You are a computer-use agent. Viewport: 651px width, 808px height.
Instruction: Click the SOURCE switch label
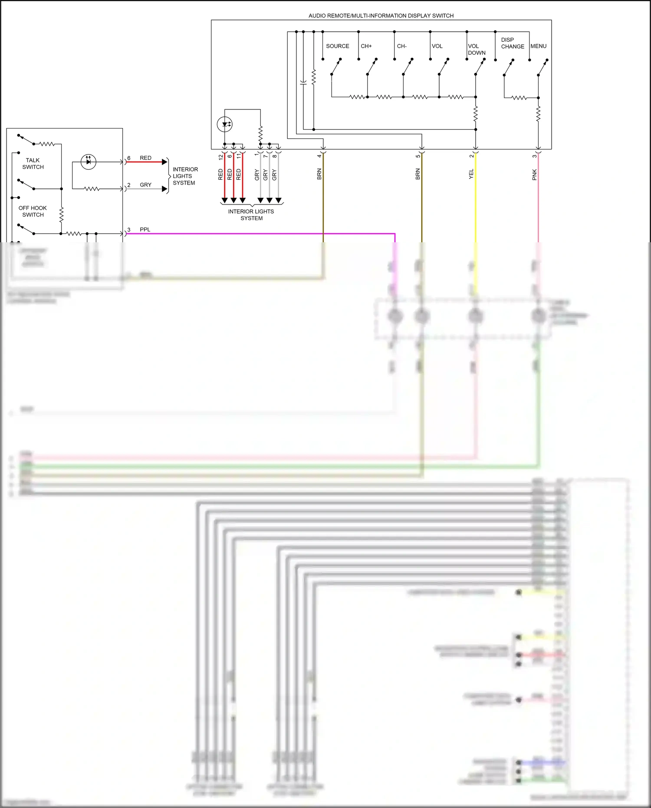pos(337,46)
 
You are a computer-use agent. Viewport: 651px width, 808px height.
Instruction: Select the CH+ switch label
pos(366,46)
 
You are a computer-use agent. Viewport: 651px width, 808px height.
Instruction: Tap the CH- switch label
pos(401,46)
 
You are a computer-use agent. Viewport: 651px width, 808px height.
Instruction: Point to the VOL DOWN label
pos(476,49)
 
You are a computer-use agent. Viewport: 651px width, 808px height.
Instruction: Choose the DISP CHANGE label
pos(512,43)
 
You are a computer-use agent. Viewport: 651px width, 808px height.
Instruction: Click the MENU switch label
pos(538,46)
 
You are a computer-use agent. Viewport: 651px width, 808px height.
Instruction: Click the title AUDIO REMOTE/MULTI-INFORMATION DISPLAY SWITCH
pos(381,16)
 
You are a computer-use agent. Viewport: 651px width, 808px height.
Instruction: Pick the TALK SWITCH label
pos(33,164)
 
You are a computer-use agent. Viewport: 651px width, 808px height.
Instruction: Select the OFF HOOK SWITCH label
pos(33,211)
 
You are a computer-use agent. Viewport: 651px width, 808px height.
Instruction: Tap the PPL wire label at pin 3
pos(145,230)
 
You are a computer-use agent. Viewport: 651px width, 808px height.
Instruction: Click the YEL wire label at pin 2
pos(471,174)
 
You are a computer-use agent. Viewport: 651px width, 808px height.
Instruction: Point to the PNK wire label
pos(535,175)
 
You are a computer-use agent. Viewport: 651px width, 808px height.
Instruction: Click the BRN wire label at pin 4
pos(319,174)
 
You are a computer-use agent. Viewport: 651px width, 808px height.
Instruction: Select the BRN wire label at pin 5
pos(418,174)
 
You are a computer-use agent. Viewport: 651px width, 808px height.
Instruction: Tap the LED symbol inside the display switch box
pos(225,125)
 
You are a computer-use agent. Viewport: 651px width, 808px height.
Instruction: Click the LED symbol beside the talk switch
pos(89,162)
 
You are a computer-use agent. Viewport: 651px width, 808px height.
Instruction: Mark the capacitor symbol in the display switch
pos(303,82)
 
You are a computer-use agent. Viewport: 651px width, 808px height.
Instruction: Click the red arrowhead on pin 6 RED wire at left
pos(164,162)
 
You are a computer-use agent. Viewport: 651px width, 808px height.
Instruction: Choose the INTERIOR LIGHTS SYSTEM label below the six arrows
pos(251,215)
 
